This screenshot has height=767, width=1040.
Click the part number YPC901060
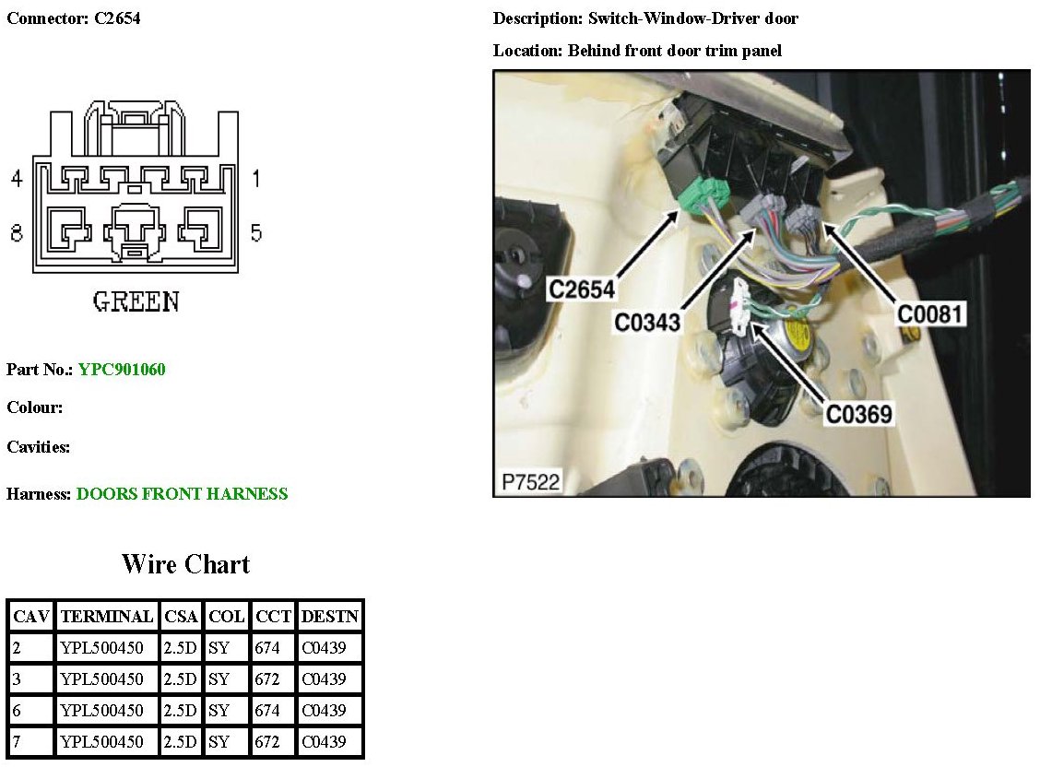coord(122,370)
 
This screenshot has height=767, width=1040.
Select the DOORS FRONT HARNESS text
coord(182,494)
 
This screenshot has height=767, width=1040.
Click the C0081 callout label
coord(930,314)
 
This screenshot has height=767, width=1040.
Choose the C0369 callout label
coord(859,415)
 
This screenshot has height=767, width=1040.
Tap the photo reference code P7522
coord(530,482)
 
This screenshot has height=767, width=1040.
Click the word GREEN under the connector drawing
coord(136,301)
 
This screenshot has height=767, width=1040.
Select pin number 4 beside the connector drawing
coord(16,178)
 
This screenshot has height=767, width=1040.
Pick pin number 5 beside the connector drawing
coord(255,232)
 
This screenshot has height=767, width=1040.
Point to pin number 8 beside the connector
coord(16,232)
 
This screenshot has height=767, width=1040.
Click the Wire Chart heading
coord(185,564)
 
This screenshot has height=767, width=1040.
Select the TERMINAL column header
coord(106,616)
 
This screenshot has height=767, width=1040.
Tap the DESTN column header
coord(329,616)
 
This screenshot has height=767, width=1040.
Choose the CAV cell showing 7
coord(30,741)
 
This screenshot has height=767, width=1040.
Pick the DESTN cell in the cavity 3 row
coord(329,678)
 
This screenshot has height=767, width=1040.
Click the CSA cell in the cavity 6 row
coord(181,710)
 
